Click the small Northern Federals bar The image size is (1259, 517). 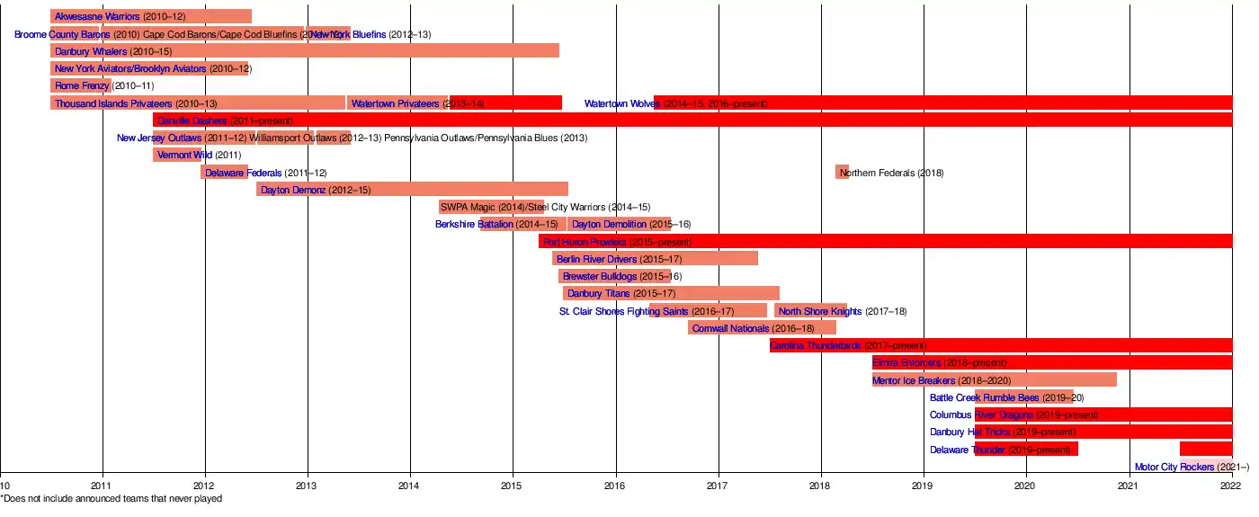(x=842, y=172)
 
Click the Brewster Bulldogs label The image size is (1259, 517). (x=621, y=276)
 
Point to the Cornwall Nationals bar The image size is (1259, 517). (x=762, y=328)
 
